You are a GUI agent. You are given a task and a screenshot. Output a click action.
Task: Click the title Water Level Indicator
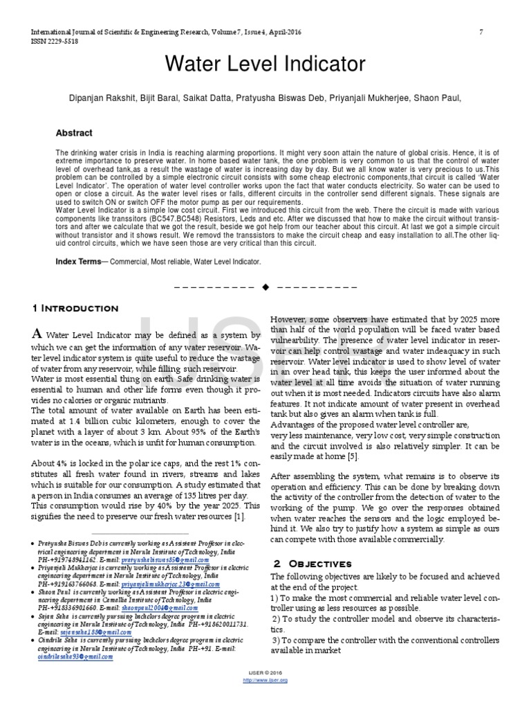(265, 64)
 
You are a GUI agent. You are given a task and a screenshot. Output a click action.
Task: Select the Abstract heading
(74, 133)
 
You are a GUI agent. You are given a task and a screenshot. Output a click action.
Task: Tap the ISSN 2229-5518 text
(53, 42)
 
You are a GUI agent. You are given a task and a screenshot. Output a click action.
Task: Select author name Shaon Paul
(439, 99)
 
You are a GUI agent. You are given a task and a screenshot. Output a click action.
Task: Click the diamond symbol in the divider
(265, 287)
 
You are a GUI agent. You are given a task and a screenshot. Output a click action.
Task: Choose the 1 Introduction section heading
(75, 308)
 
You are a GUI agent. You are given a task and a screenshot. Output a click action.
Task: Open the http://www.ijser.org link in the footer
(265, 681)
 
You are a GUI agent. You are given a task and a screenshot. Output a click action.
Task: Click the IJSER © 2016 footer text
(265, 673)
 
